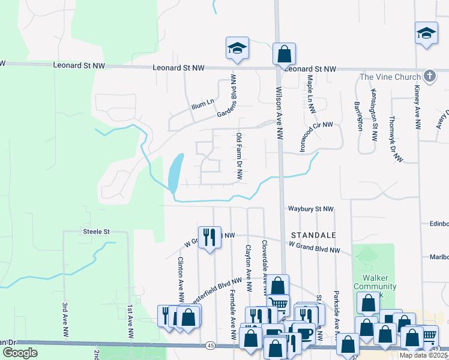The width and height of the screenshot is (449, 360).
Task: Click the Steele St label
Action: click(96, 231)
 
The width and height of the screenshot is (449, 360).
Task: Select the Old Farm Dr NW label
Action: click(239, 157)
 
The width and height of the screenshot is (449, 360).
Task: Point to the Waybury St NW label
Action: click(310, 209)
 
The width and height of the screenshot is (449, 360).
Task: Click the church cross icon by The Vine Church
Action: click(429, 76)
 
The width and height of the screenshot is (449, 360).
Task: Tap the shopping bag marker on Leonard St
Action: click(284, 54)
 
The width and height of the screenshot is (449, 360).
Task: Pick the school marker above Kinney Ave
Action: click(426, 34)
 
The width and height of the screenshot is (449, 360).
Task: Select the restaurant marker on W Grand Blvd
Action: click(209, 237)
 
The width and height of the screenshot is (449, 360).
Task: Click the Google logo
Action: click(20, 352)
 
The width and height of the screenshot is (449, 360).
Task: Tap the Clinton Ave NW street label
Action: click(180, 280)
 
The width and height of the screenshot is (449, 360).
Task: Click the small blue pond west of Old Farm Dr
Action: click(175, 172)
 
